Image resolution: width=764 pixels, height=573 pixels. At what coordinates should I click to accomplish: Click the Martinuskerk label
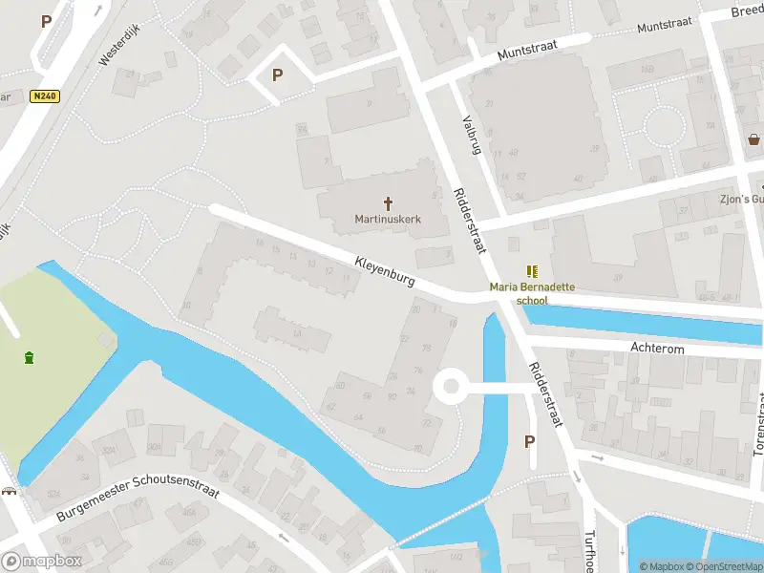pos(388,219)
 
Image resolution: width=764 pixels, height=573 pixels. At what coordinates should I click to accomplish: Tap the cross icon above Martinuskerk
pos(389,202)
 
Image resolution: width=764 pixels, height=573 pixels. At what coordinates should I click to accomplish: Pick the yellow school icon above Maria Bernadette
pos(532,272)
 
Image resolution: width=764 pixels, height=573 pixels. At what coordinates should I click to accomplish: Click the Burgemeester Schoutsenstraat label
pos(138,499)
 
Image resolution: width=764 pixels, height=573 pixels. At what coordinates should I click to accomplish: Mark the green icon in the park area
pos(30,357)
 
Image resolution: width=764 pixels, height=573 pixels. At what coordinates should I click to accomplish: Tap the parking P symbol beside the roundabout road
pos(530,441)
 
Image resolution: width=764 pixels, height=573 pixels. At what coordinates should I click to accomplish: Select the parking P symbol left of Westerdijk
pos(45,20)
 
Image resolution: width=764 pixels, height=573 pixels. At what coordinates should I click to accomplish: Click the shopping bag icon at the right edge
pos(754,139)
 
